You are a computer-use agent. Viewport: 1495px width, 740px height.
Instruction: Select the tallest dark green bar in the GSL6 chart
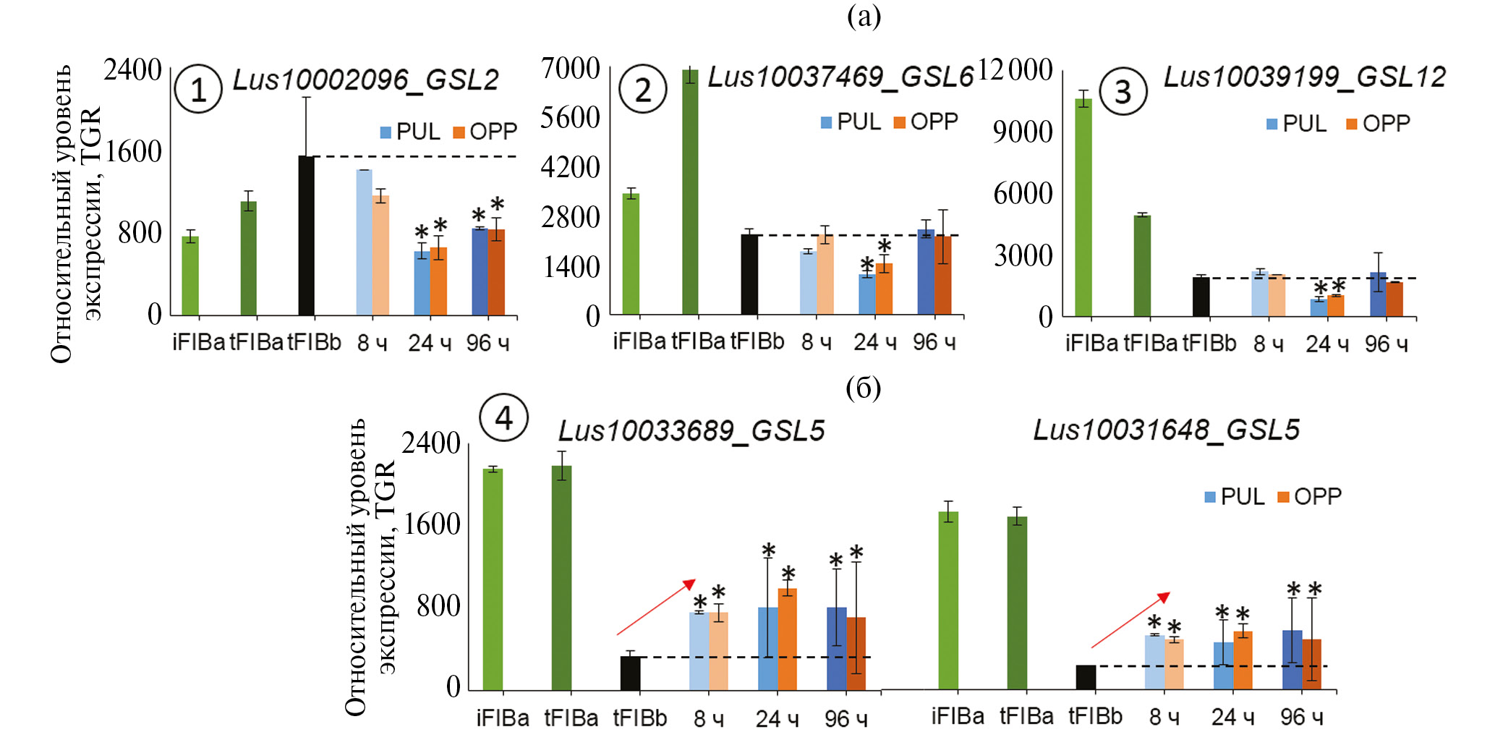tap(690, 192)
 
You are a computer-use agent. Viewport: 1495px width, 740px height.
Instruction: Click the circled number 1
tap(198, 90)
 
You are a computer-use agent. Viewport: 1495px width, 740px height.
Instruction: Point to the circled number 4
tap(503, 417)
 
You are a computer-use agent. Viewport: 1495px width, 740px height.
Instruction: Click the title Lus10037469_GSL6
tap(840, 77)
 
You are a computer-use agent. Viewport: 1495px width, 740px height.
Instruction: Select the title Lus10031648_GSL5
tap(1166, 430)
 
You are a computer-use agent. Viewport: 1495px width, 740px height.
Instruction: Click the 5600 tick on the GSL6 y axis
tap(571, 118)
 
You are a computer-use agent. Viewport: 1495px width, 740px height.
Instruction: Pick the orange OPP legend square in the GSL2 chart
tap(459, 132)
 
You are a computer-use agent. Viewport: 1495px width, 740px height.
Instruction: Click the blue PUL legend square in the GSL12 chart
tap(1272, 124)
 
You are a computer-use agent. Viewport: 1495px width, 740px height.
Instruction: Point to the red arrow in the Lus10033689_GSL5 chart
tap(655, 607)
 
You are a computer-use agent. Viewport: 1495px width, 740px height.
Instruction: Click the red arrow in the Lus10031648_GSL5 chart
tap(1130, 620)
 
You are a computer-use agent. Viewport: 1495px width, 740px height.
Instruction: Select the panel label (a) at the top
tap(864, 16)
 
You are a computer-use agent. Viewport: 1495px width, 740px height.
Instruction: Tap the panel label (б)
tap(863, 388)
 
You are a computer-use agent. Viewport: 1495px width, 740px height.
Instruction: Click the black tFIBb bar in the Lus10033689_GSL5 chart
tap(631, 673)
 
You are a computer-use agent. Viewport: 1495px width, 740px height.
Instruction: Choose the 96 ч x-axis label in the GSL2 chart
tap(487, 343)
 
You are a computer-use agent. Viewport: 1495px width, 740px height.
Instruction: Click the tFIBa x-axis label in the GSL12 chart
tap(1150, 344)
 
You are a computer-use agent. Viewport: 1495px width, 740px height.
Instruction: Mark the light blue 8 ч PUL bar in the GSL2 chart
tap(364, 242)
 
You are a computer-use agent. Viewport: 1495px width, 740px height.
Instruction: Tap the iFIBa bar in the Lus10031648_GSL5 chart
tap(948, 600)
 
